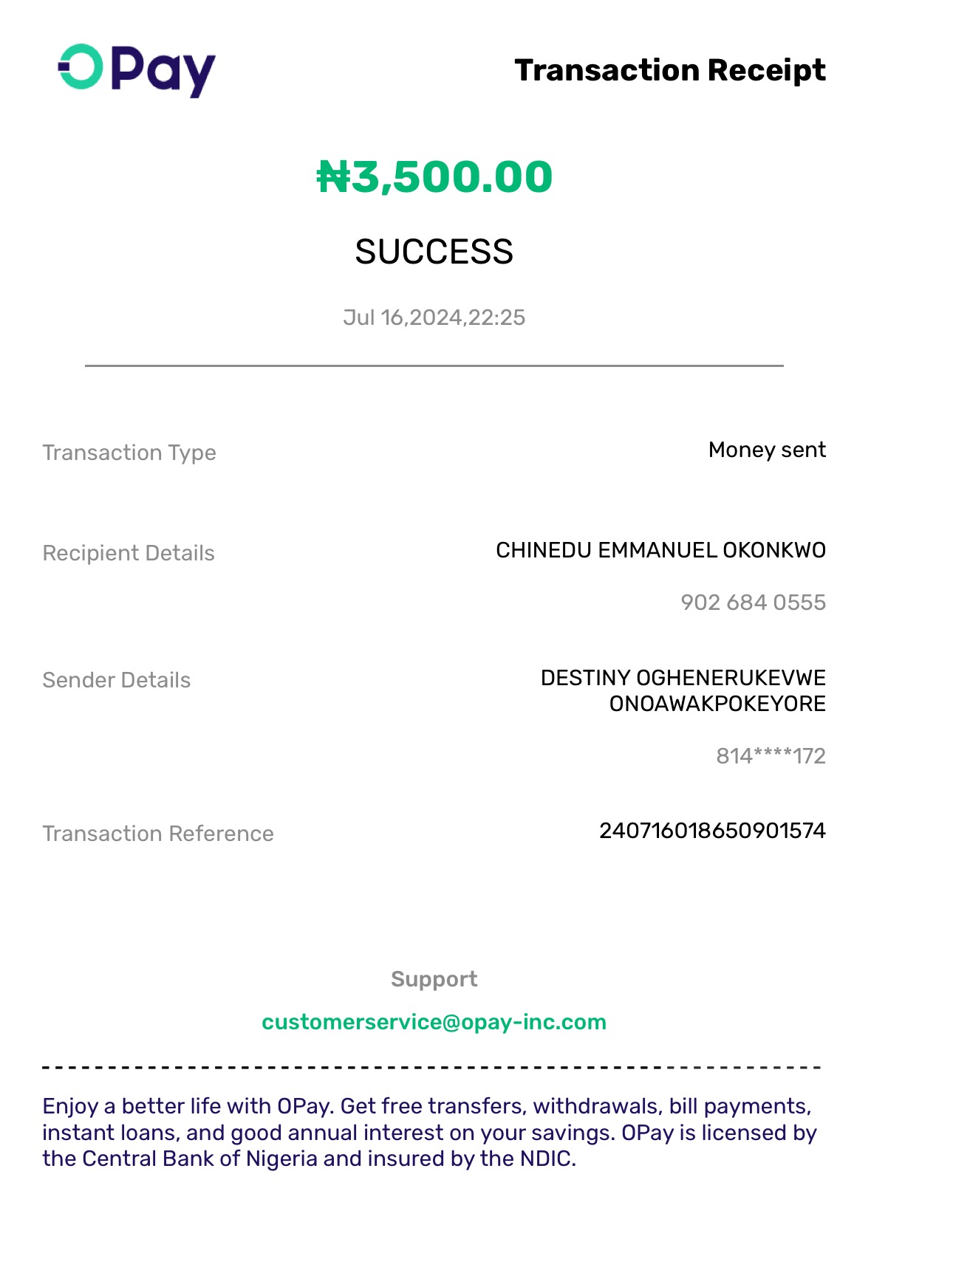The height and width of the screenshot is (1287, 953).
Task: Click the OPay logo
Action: click(x=137, y=70)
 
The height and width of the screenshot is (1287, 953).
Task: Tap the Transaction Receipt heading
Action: click(x=669, y=70)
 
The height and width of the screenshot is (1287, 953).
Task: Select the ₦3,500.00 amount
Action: click(x=434, y=177)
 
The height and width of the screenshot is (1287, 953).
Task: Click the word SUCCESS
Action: click(x=434, y=253)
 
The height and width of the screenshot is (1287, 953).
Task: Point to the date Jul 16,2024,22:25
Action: click(x=434, y=318)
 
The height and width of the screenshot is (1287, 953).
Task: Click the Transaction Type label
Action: click(x=129, y=453)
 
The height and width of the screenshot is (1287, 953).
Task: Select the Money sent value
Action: click(x=766, y=450)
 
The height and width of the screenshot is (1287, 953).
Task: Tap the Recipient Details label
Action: click(x=129, y=553)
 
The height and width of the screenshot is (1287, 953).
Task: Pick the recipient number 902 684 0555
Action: click(x=753, y=603)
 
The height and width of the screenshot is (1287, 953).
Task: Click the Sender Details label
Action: click(x=117, y=680)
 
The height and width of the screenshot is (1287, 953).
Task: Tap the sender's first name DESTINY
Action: click(x=585, y=678)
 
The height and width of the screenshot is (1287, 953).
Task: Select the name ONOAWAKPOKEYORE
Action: click(x=717, y=704)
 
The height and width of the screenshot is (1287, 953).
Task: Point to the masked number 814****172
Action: click(x=771, y=756)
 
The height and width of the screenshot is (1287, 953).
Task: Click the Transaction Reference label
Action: click(x=158, y=834)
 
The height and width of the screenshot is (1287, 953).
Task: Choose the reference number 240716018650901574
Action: click(x=712, y=831)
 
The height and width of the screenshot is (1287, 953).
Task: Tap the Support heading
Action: click(x=434, y=979)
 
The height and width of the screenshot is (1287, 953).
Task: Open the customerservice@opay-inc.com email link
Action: click(x=434, y=1022)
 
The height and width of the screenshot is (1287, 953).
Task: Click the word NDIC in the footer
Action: click(x=547, y=1159)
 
